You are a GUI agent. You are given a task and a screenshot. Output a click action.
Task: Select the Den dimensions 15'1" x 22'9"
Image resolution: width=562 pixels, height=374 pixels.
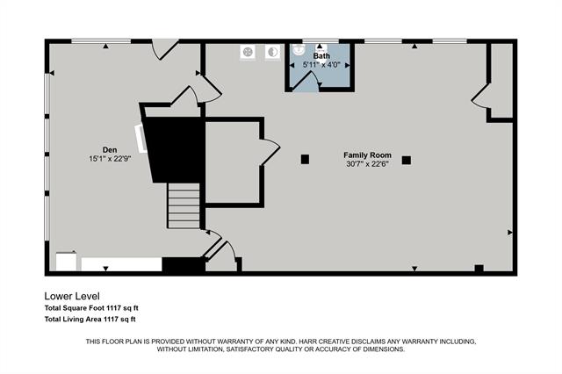[110, 159]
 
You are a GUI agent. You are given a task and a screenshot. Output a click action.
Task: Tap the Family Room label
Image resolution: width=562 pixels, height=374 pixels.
[366, 155]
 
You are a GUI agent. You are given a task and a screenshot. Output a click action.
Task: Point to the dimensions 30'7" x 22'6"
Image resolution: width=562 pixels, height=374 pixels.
[367, 163]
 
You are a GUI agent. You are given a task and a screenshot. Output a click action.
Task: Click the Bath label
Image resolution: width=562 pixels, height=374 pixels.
[321, 56]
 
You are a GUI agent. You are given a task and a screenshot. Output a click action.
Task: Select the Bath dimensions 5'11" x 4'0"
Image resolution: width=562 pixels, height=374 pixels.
[321, 65]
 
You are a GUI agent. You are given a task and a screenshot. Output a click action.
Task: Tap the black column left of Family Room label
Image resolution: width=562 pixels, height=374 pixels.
[305, 159]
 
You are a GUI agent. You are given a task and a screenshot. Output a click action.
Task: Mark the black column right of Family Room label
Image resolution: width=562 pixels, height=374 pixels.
[407, 160]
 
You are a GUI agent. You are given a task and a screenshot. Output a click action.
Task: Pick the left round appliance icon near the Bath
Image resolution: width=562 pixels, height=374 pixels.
[249, 52]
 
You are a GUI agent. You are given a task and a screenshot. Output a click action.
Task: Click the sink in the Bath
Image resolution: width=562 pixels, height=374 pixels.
[299, 50]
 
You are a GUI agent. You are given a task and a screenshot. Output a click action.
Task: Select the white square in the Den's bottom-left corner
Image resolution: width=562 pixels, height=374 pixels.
[66, 262]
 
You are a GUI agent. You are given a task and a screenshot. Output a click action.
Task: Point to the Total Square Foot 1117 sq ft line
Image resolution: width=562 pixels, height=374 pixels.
[91, 308]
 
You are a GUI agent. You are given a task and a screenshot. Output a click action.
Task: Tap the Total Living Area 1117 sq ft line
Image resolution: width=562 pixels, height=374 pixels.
[91, 320]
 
